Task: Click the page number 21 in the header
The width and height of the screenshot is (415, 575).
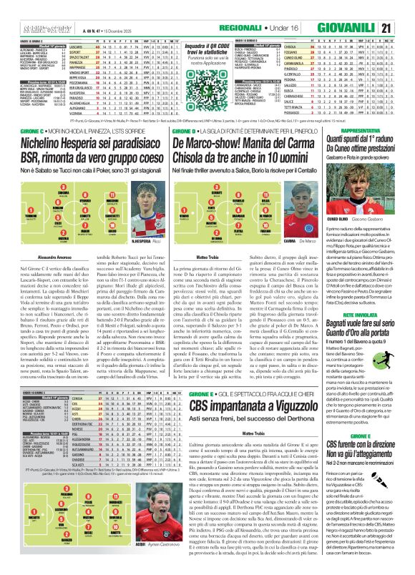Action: [406, 8]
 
